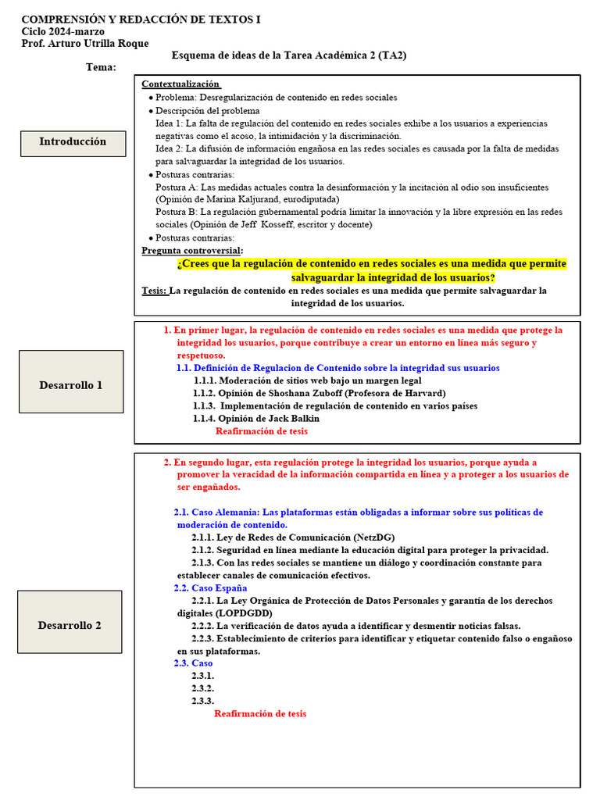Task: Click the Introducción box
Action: point(73,142)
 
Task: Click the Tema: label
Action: point(101,67)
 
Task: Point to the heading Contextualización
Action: point(180,84)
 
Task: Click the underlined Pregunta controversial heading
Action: point(192,250)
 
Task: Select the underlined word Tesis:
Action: point(155,291)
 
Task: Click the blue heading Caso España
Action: point(210,587)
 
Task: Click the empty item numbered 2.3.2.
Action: point(203,688)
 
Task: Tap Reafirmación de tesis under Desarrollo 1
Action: point(262,430)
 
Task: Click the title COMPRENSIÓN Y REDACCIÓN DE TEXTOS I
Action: point(141,19)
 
